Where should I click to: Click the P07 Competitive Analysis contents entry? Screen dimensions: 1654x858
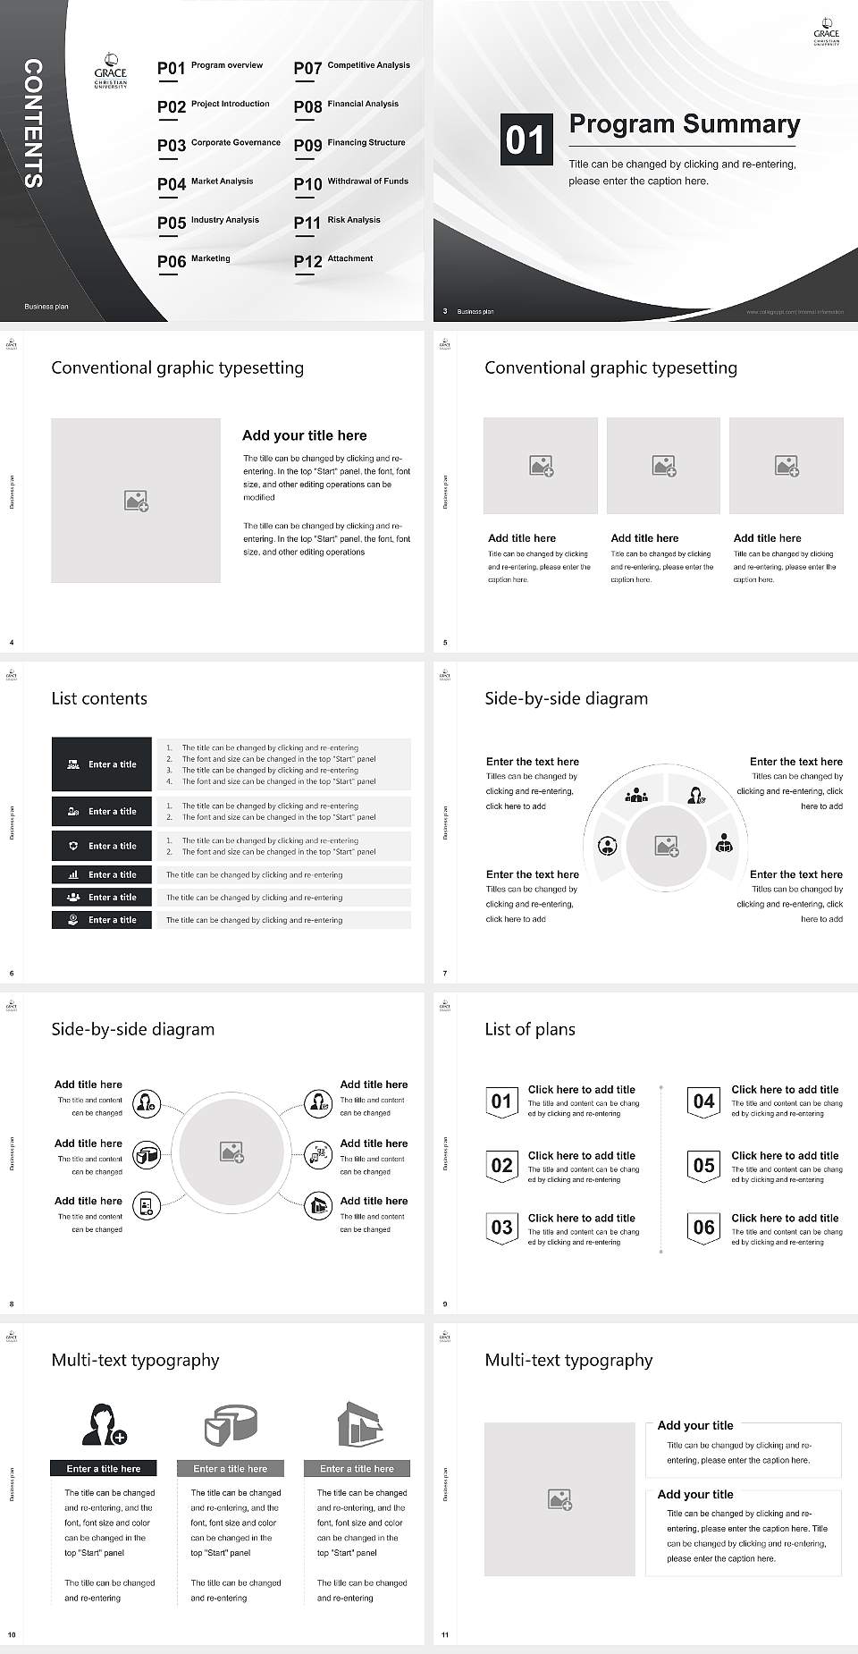click(x=352, y=67)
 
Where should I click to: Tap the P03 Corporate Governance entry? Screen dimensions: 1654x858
click(x=219, y=144)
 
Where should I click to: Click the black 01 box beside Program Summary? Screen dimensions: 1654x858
click(x=526, y=139)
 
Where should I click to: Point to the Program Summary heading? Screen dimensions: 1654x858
click(x=684, y=124)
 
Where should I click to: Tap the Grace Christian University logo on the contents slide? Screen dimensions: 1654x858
click(x=111, y=71)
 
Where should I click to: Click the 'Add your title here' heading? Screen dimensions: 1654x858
click(x=304, y=435)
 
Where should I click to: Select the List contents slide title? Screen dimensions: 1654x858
click(x=99, y=698)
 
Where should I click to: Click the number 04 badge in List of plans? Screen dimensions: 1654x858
click(x=704, y=1102)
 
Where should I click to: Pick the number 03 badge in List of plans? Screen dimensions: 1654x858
click(x=501, y=1228)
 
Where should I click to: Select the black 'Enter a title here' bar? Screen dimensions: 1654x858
click(x=104, y=1468)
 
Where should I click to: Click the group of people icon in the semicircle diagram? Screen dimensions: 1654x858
click(x=636, y=794)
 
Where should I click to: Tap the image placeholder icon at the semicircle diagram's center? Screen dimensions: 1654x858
click(x=667, y=845)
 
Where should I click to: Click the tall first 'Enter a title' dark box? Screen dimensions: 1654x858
click(x=102, y=764)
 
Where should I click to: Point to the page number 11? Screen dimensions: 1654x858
click(x=445, y=1635)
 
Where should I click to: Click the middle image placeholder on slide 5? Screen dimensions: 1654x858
click(x=663, y=466)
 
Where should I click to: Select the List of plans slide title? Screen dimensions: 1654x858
click(x=530, y=1029)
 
